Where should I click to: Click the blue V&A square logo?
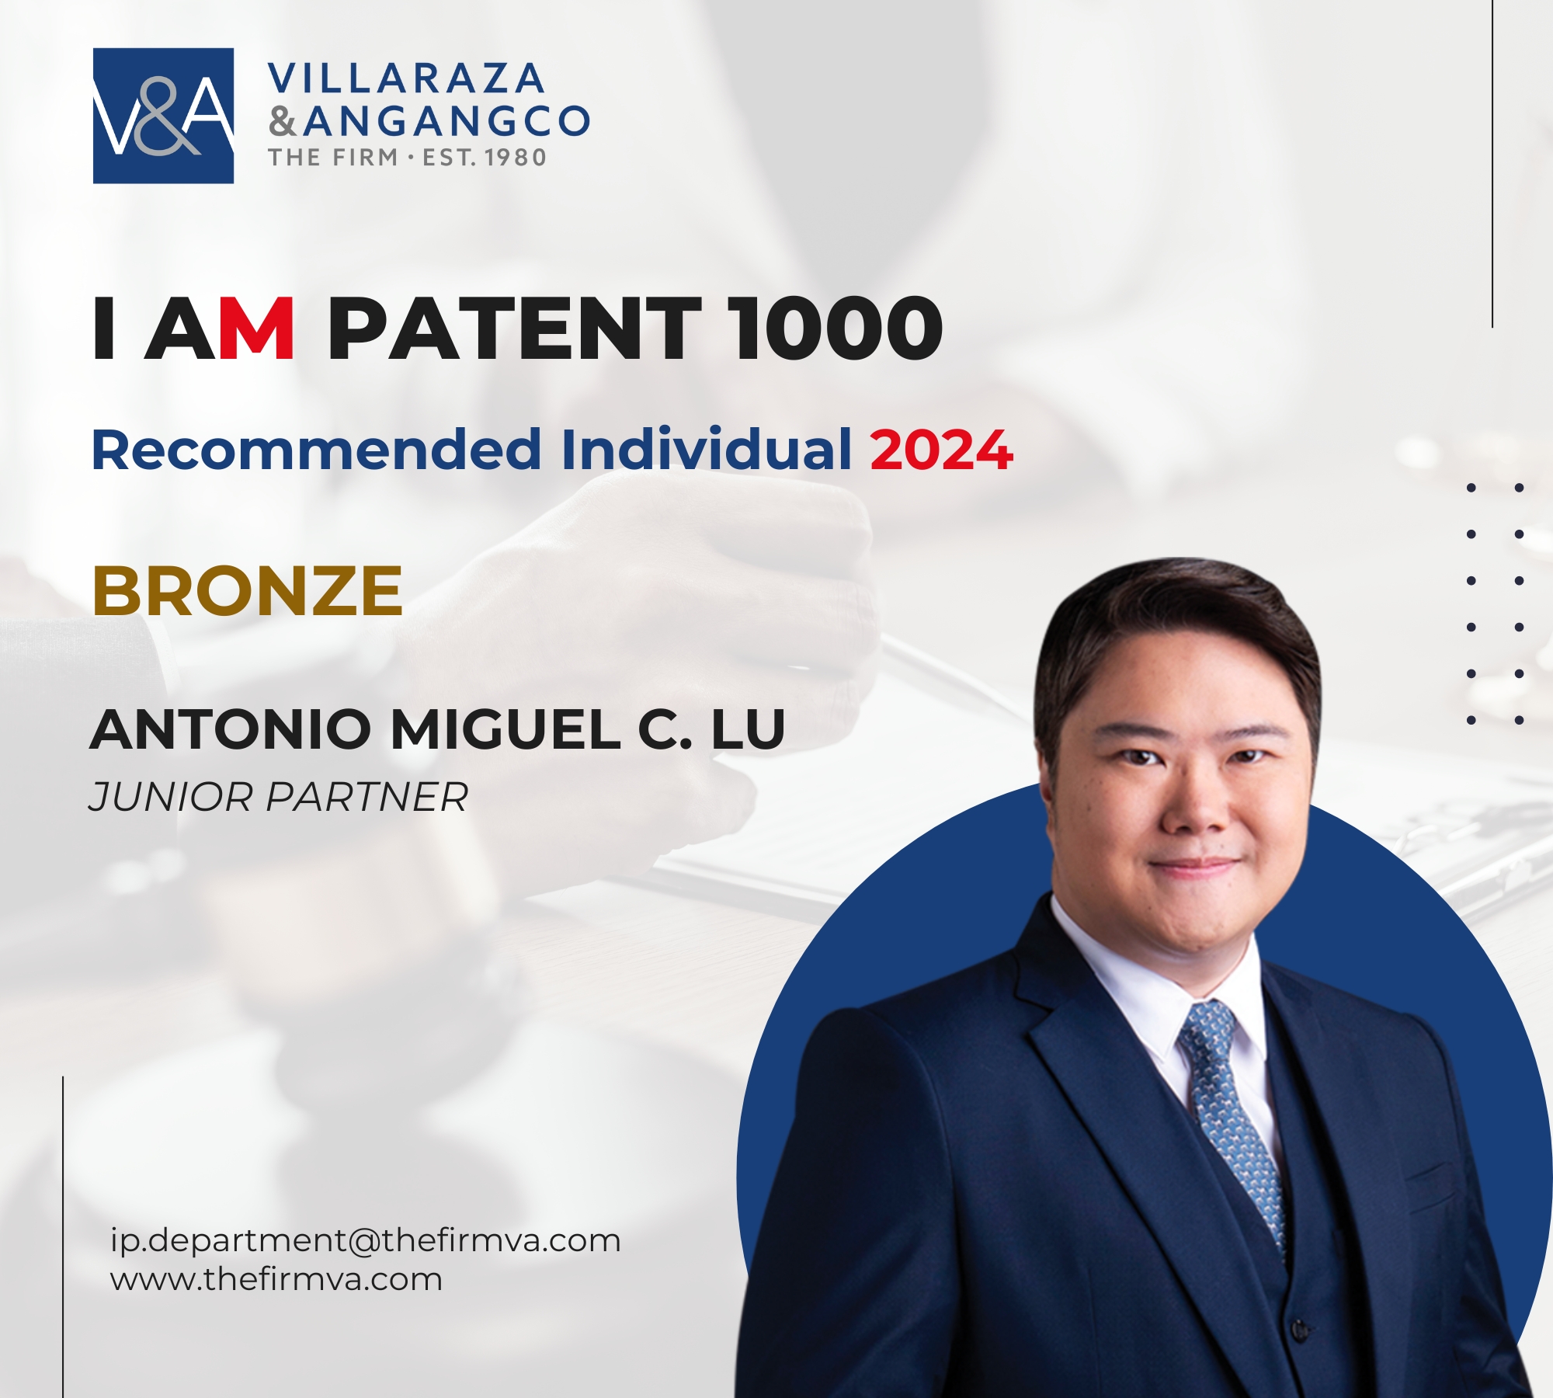coord(163,116)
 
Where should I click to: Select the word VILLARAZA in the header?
coord(406,78)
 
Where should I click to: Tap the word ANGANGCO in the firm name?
coord(447,121)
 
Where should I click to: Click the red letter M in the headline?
coord(256,329)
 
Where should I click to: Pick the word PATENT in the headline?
coord(514,329)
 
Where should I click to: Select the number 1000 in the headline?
coord(838,329)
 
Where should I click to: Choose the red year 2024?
coord(941,450)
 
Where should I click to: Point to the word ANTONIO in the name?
coord(231,730)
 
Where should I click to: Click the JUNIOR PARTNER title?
coord(279,797)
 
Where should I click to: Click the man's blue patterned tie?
coord(1232,1118)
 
